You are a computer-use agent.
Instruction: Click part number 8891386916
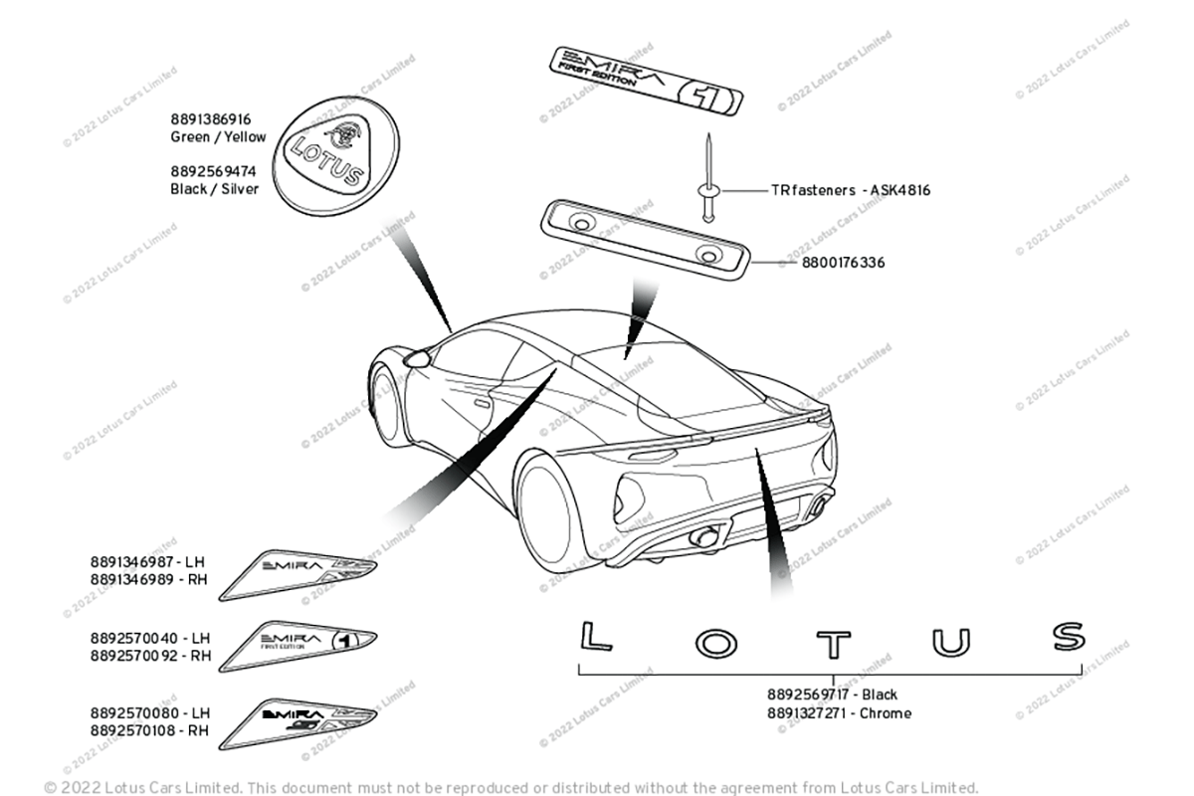click(210, 119)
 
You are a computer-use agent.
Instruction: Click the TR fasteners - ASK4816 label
click(851, 190)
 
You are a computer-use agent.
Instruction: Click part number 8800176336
click(844, 264)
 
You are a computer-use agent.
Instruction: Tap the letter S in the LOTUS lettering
click(1069, 636)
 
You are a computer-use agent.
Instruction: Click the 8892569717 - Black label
click(832, 695)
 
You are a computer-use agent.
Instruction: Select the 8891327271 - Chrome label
click(839, 712)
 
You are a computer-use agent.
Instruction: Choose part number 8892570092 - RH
click(150, 656)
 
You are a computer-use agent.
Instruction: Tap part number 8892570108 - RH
click(150, 729)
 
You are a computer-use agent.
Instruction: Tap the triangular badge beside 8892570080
click(298, 721)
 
